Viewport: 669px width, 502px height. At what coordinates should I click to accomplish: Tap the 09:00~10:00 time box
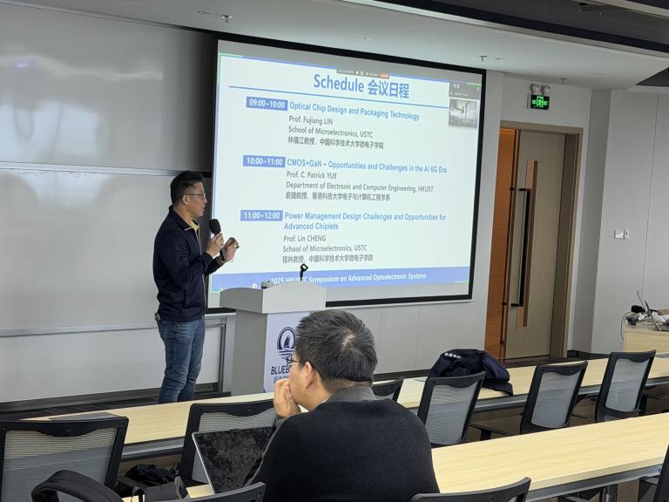coord(267,104)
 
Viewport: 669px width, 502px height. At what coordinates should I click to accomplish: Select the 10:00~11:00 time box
coord(264,161)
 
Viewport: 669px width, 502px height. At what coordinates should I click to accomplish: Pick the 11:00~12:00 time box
coord(261,215)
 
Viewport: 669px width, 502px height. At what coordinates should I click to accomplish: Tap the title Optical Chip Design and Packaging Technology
coord(354,105)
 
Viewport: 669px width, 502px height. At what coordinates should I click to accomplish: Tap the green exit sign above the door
coord(539,102)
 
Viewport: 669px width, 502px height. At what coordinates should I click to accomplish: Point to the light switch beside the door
coord(620,234)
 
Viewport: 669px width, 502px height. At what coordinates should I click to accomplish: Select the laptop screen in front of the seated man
coord(232,456)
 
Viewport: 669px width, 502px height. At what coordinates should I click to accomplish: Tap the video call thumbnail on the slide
coord(463,110)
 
